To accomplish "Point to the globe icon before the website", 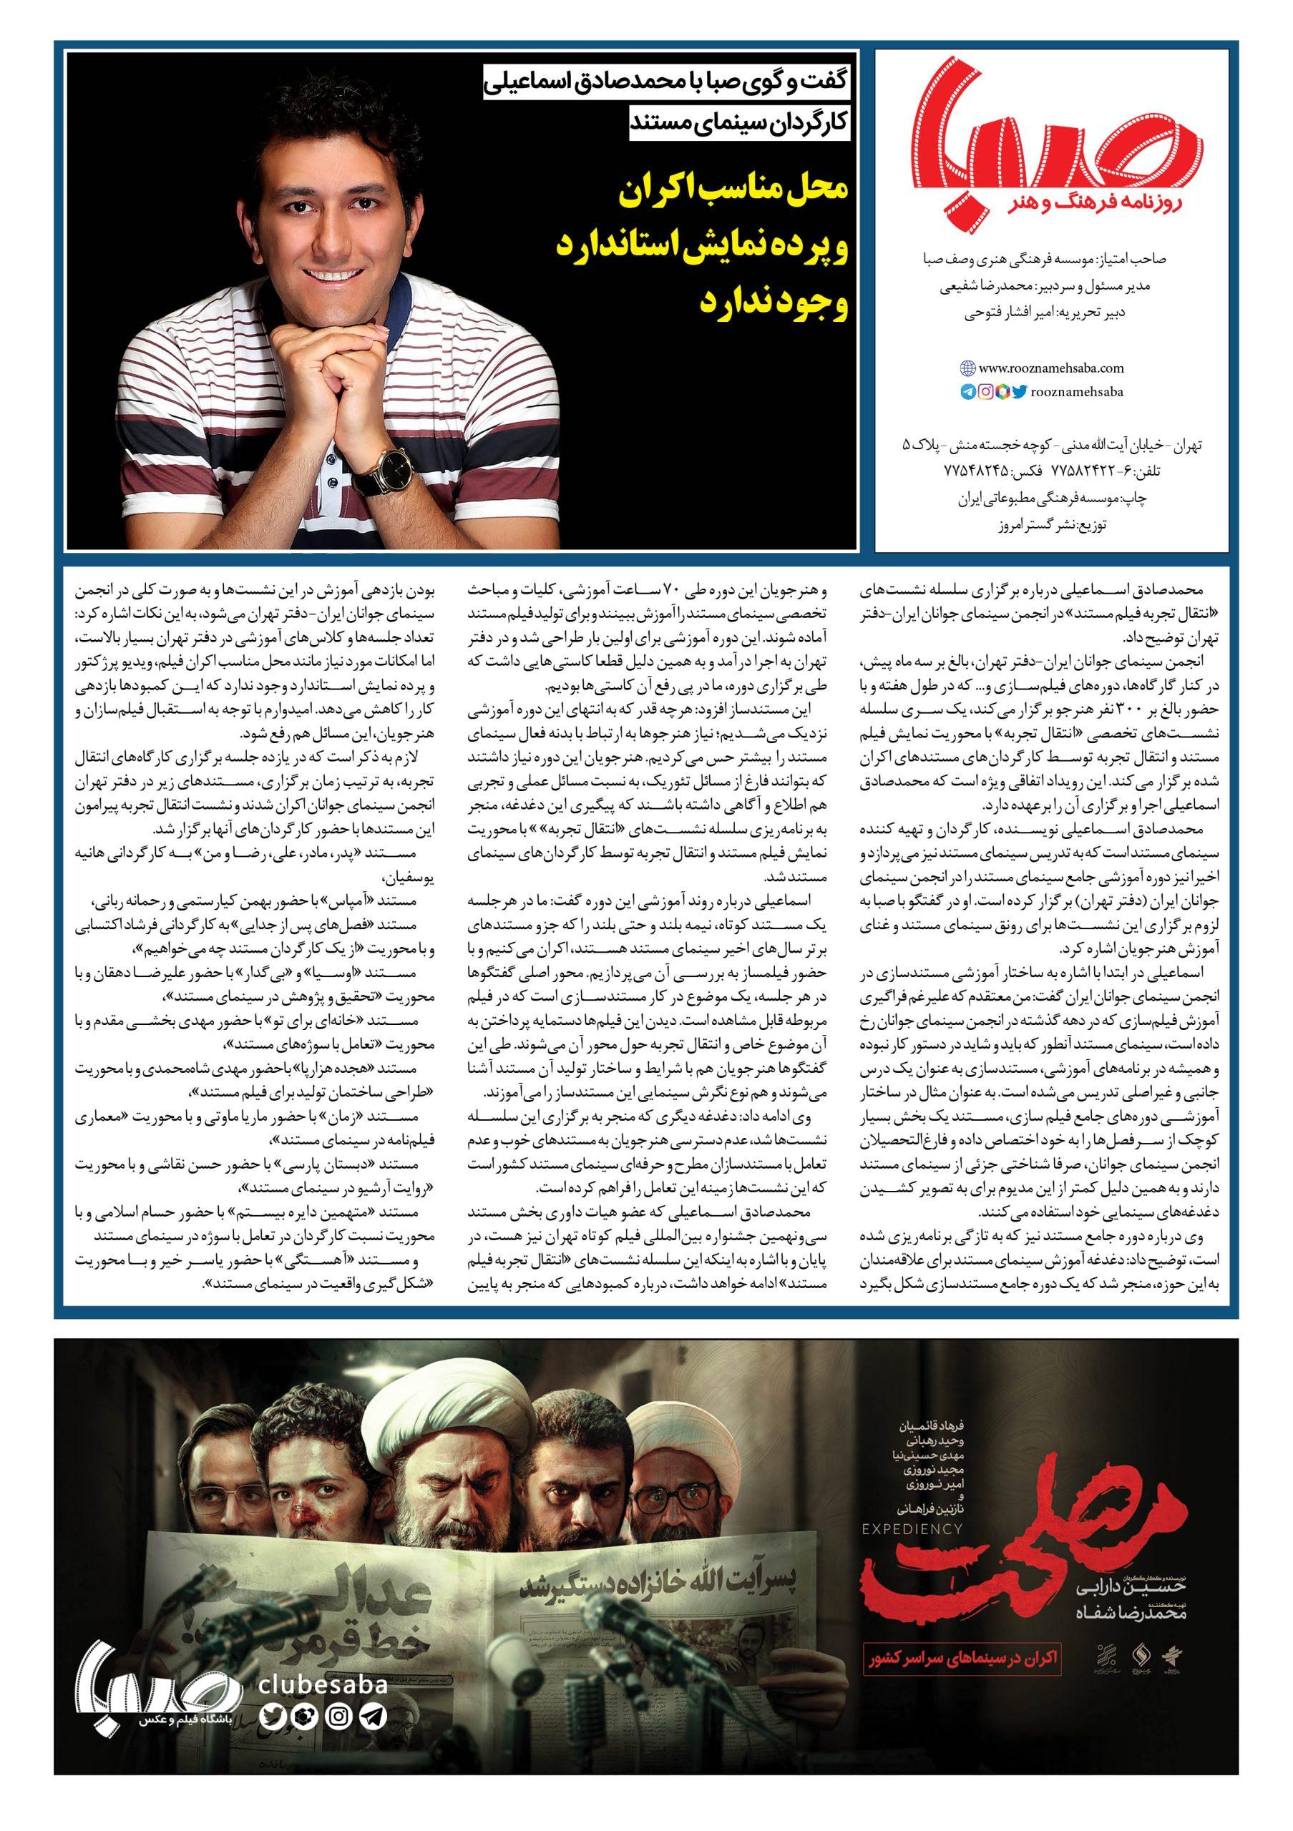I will tap(967, 368).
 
